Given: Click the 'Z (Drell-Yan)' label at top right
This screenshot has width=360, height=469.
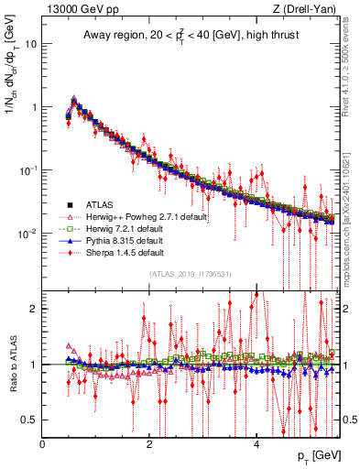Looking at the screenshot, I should click(303, 9).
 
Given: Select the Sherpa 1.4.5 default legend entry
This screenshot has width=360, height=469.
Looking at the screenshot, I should click(125, 252).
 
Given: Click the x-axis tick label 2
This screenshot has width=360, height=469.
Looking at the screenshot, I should click(149, 445).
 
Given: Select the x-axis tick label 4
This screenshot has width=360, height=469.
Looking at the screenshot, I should click(256, 445).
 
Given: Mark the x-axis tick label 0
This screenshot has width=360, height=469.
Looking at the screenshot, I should click(42, 445).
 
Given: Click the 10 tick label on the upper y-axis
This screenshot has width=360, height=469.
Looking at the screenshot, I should click(29, 43).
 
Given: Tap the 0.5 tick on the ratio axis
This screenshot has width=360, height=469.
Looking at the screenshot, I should click(29, 420).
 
